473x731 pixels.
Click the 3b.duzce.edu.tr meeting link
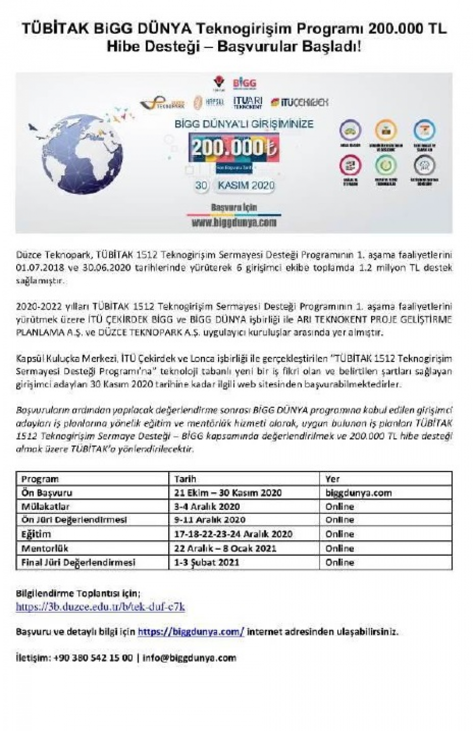coord(100,606)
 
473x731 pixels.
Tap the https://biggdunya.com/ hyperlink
coord(191,632)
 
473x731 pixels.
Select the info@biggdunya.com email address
coord(190,657)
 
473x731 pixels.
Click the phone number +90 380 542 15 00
coord(93,657)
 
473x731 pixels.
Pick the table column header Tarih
coord(185,479)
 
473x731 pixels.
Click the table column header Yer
coord(333,479)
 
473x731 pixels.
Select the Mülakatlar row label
coord(46,507)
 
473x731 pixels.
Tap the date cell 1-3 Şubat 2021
coord(207,562)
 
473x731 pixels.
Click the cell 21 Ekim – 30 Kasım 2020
coord(228,493)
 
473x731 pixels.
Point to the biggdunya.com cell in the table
coord(358,493)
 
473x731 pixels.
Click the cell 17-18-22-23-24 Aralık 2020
coord(233,534)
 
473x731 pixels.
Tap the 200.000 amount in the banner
coord(234,147)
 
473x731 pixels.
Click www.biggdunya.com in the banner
coord(234,222)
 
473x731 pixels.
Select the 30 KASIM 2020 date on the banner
coord(234,185)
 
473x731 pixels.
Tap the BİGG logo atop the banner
coord(244,84)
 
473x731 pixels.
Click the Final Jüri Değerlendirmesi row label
coord(78,562)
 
